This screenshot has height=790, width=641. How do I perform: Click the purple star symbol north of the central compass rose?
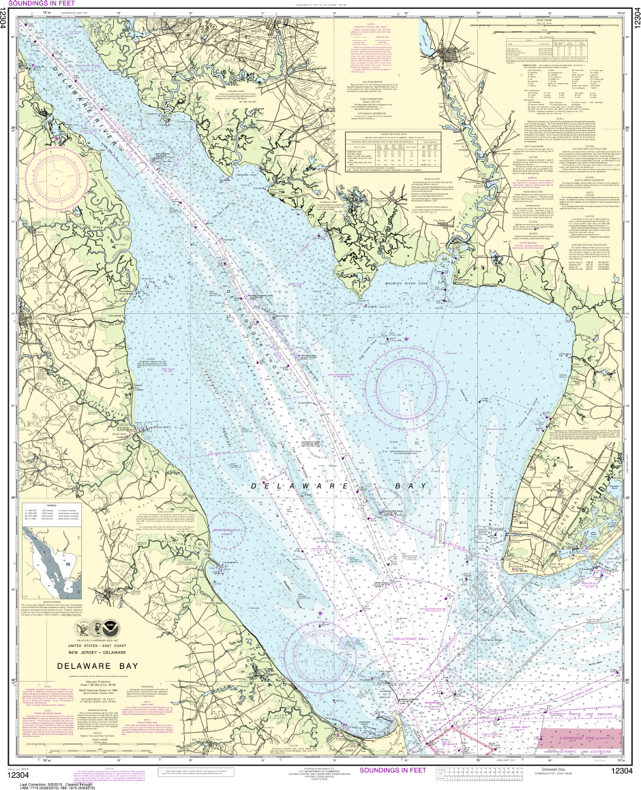(x=406, y=338)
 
